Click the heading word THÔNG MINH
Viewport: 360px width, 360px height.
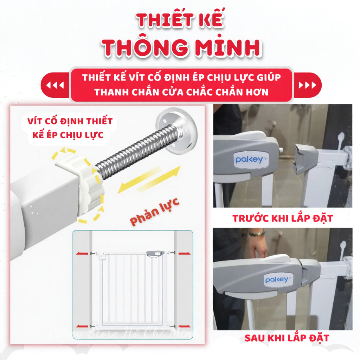tap(182, 48)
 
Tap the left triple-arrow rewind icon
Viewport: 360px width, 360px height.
tap(55, 85)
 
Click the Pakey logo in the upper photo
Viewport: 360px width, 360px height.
tap(249, 160)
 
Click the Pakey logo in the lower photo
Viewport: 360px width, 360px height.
tap(277, 280)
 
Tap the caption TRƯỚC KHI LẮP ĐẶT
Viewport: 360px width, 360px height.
tap(282, 218)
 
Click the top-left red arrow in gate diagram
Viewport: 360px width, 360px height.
tap(83, 253)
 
